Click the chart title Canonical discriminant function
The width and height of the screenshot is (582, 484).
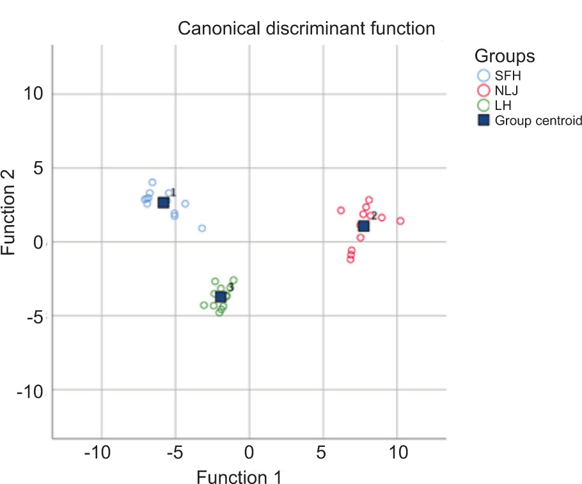306,29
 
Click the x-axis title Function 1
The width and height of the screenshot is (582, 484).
239,477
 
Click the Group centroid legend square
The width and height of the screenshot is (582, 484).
484,120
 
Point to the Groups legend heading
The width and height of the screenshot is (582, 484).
504,56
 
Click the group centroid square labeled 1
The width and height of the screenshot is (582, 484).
163,202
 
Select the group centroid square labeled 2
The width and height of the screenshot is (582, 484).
364,226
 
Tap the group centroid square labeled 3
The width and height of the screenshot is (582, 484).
221,297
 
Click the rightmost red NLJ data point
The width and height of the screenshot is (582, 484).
400,221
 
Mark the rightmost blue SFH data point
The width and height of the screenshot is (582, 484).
202,228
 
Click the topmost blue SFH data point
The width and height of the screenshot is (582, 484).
152,182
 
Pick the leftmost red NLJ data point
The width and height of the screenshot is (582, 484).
341,210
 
